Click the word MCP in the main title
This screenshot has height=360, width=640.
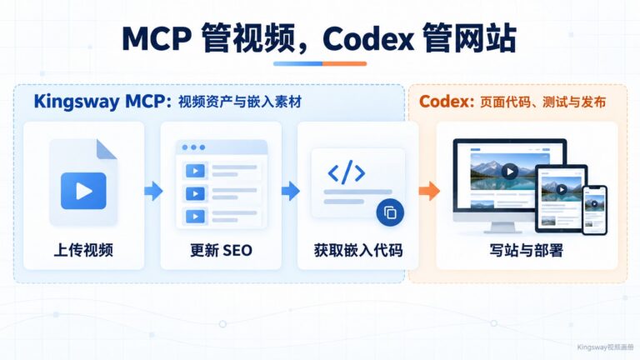tap(157, 39)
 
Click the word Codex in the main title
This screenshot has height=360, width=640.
tap(367, 39)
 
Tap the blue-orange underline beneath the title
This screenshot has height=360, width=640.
tap(320, 63)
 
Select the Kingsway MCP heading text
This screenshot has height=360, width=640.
tap(102, 101)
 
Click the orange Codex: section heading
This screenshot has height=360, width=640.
tap(447, 102)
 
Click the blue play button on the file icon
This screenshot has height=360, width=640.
tap(83, 191)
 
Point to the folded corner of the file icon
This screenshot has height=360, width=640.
tap(106, 149)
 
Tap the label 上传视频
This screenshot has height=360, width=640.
tap(83, 250)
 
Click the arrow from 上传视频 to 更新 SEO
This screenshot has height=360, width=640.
tap(153, 191)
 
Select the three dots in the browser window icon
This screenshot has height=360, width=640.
tap(193, 147)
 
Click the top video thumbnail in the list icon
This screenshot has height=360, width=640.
tap(195, 171)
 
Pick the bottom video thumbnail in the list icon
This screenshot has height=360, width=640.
tap(195, 217)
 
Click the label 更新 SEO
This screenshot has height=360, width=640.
tap(221, 250)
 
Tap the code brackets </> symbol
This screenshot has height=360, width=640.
tap(347, 172)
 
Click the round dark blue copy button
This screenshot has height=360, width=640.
tap(390, 212)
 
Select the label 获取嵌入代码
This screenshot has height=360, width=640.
tap(358, 250)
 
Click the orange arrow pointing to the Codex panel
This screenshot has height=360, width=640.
tap(429, 191)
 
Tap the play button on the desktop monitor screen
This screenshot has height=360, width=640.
tap(510, 172)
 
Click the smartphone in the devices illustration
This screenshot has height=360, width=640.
tap(595, 210)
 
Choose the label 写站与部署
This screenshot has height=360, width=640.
tap(527, 250)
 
